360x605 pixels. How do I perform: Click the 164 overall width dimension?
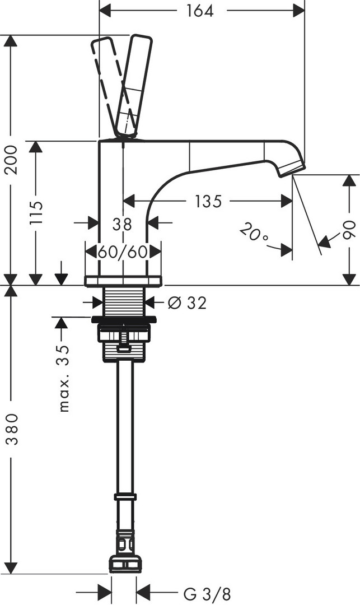click(x=201, y=11)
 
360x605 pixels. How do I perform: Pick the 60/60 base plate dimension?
click(x=122, y=251)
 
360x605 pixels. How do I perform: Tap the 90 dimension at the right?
click(x=349, y=230)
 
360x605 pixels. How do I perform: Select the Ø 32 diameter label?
click(x=187, y=303)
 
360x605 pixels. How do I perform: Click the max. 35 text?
click(x=65, y=379)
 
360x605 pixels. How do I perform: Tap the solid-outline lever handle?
click(x=134, y=84)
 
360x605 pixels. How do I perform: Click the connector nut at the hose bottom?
click(x=126, y=563)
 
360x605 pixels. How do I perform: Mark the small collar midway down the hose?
click(x=125, y=496)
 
